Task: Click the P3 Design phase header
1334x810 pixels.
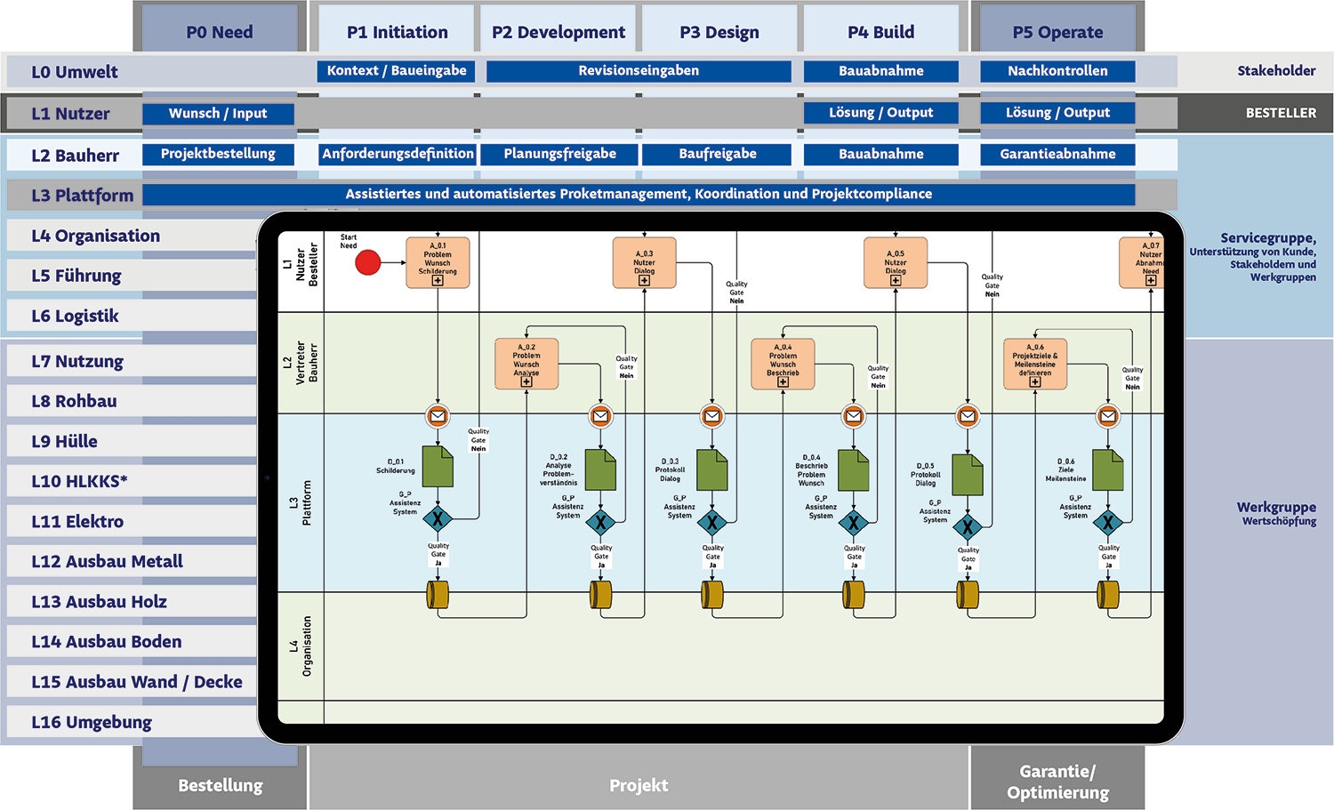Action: (719, 33)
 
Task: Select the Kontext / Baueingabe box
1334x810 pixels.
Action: (396, 71)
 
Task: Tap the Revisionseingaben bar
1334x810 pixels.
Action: (638, 71)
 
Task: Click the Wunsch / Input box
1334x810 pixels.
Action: (218, 114)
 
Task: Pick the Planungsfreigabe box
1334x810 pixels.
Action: (559, 154)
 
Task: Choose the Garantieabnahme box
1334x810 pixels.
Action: (1057, 154)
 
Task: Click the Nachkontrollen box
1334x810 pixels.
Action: (1057, 71)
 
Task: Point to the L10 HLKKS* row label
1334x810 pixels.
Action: (80, 481)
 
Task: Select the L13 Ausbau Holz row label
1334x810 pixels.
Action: (100, 601)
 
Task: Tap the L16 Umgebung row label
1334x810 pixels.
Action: (92, 722)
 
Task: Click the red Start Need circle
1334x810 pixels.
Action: (368, 262)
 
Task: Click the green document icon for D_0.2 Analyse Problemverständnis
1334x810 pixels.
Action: (601, 469)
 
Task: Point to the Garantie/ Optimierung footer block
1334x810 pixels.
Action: (1057, 782)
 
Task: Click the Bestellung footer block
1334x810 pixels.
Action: (221, 785)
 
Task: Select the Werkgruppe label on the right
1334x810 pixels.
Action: (1276, 508)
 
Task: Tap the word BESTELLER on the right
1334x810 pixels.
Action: (1281, 113)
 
